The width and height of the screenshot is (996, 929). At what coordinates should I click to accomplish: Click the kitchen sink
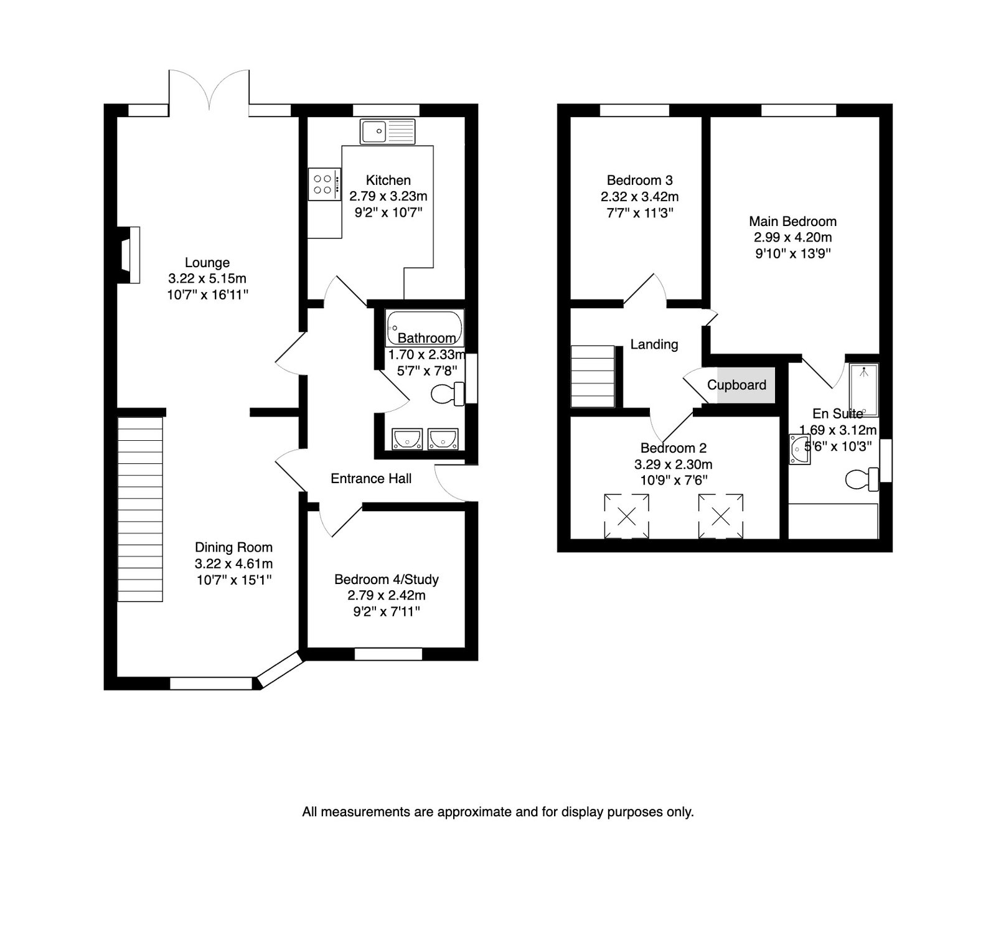pyautogui.click(x=387, y=131)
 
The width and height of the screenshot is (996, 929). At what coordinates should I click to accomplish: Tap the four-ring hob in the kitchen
pyautogui.click(x=324, y=184)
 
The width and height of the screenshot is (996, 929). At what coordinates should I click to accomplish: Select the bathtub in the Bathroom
pyautogui.click(x=424, y=328)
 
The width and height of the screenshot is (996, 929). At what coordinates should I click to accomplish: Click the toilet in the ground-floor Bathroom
pyautogui.click(x=448, y=394)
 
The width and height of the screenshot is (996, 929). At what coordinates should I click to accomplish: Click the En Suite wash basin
pyautogui.click(x=799, y=450)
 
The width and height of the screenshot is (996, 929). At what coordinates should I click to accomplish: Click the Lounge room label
pyautogui.click(x=207, y=263)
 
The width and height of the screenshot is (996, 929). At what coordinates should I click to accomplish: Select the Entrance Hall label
pyautogui.click(x=371, y=478)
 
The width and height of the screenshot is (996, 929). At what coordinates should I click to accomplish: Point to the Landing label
pyautogui.click(x=654, y=344)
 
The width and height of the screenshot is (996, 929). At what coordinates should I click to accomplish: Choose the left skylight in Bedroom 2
pyautogui.click(x=626, y=516)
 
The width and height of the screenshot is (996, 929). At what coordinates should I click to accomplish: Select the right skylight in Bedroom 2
pyautogui.click(x=721, y=516)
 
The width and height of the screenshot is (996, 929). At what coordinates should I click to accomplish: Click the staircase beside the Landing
pyautogui.click(x=593, y=377)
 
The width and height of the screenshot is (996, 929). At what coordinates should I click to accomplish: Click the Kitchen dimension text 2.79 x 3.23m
pyautogui.click(x=388, y=196)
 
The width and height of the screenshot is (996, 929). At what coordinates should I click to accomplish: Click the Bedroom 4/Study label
pyautogui.click(x=387, y=580)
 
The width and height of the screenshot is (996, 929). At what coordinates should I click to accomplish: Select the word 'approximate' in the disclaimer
pyautogui.click(x=466, y=812)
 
